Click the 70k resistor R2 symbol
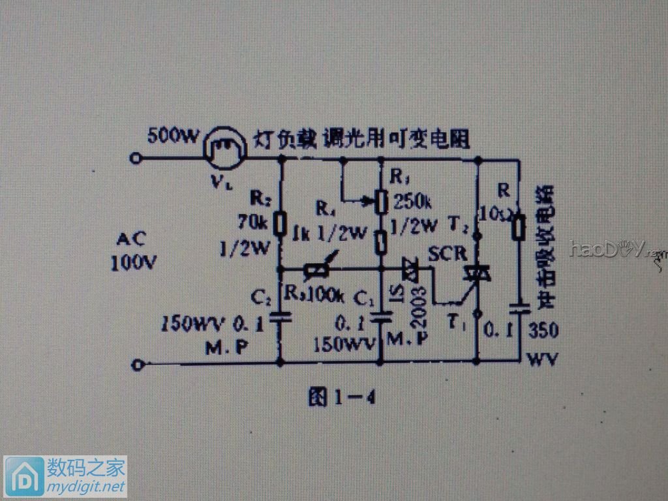pyautogui.click(x=281, y=224)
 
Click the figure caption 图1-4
pyautogui.click(x=341, y=397)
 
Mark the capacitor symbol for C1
pyautogui.click(x=381, y=318)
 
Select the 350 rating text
pyautogui.click(x=543, y=331)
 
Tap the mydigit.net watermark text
pyautogui.click(x=84, y=487)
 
